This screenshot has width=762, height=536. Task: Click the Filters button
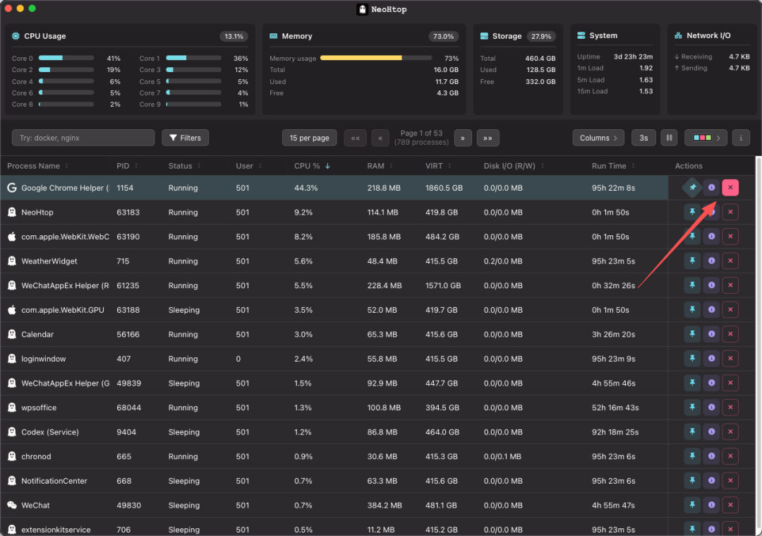[185, 138]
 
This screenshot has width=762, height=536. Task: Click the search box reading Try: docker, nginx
[83, 138]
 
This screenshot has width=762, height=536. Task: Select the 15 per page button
[310, 138]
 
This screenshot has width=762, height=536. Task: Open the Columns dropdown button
[599, 138]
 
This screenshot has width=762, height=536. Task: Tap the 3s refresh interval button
[643, 138]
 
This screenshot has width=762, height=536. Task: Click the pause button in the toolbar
[669, 138]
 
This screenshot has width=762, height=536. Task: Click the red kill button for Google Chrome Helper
[730, 187]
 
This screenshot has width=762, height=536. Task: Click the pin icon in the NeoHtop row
[692, 212]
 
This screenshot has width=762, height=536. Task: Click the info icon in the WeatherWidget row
[711, 261]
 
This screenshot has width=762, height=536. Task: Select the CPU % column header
[312, 166]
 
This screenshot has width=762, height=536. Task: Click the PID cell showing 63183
[128, 212]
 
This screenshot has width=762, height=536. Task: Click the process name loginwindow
[44, 359]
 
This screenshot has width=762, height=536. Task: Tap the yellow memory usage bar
[361, 58]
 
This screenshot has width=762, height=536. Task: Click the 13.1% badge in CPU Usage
[234, 37]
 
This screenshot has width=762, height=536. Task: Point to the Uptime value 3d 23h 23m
[633, 56]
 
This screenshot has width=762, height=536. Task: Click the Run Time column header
[609, 166]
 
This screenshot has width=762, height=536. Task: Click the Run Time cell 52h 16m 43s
[615, 407]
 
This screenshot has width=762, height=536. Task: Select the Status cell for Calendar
[183, 335]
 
